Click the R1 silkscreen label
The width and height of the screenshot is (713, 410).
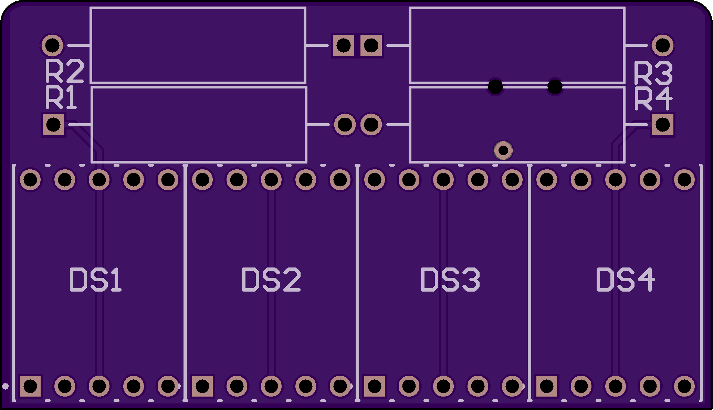click(61, 98)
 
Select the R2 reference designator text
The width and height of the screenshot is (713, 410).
click(64, 71)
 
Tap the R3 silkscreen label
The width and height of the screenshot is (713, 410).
click(653, 73)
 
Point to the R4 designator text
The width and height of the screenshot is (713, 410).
click(653, 99)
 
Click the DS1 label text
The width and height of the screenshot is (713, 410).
click(95, 280)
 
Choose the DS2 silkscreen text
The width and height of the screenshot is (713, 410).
click(271, 280)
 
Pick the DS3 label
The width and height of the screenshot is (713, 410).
click(450, 280)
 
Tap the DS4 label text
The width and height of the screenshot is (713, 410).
click(625, 280)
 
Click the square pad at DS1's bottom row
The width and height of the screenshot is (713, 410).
click(30, 386)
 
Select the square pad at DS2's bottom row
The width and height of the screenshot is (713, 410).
click(202, 386)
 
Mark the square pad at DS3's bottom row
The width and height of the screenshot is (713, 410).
click(375, 386)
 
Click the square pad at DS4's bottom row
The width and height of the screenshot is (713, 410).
click(547, 386)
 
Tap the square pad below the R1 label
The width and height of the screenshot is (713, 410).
click(53, 124)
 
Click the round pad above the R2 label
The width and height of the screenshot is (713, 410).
click(52, 45)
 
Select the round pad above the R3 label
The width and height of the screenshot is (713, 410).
click(663, 45)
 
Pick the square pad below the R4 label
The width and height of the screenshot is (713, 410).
click(663, 124)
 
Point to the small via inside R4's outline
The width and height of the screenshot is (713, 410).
click(503, 150)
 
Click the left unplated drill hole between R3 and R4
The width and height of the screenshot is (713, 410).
click(495, 87)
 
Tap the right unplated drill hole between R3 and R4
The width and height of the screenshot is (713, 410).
click(555, 87)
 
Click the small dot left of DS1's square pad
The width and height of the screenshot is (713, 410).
click(5, 386)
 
